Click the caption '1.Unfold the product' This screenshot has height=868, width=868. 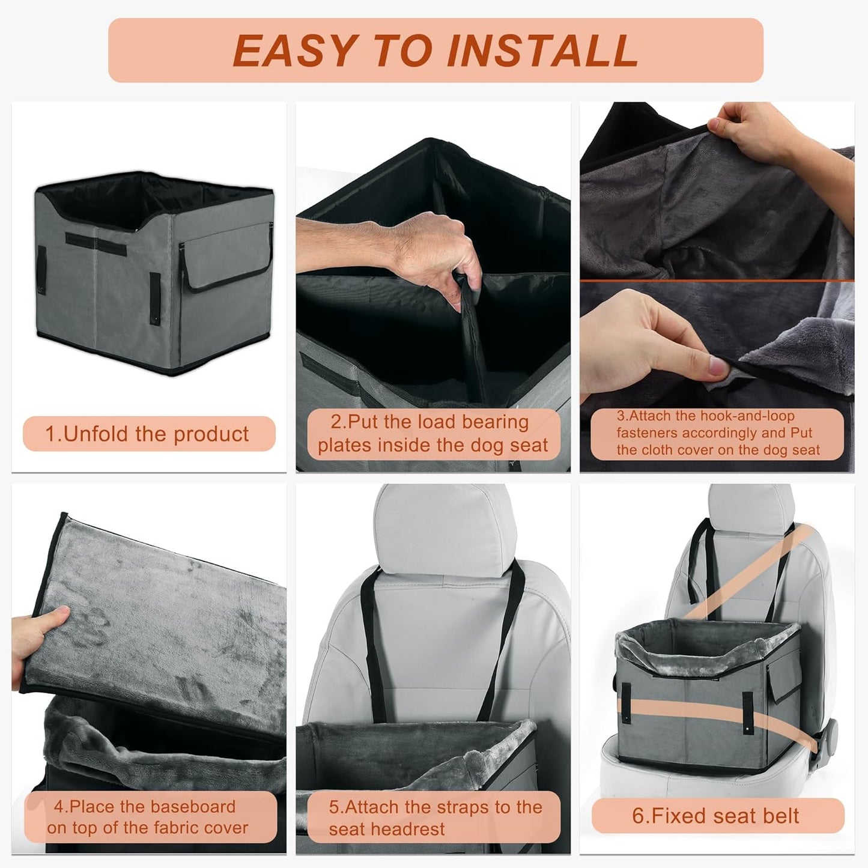148,434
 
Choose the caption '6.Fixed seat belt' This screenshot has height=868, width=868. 715,816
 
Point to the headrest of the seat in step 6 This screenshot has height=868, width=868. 751,511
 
